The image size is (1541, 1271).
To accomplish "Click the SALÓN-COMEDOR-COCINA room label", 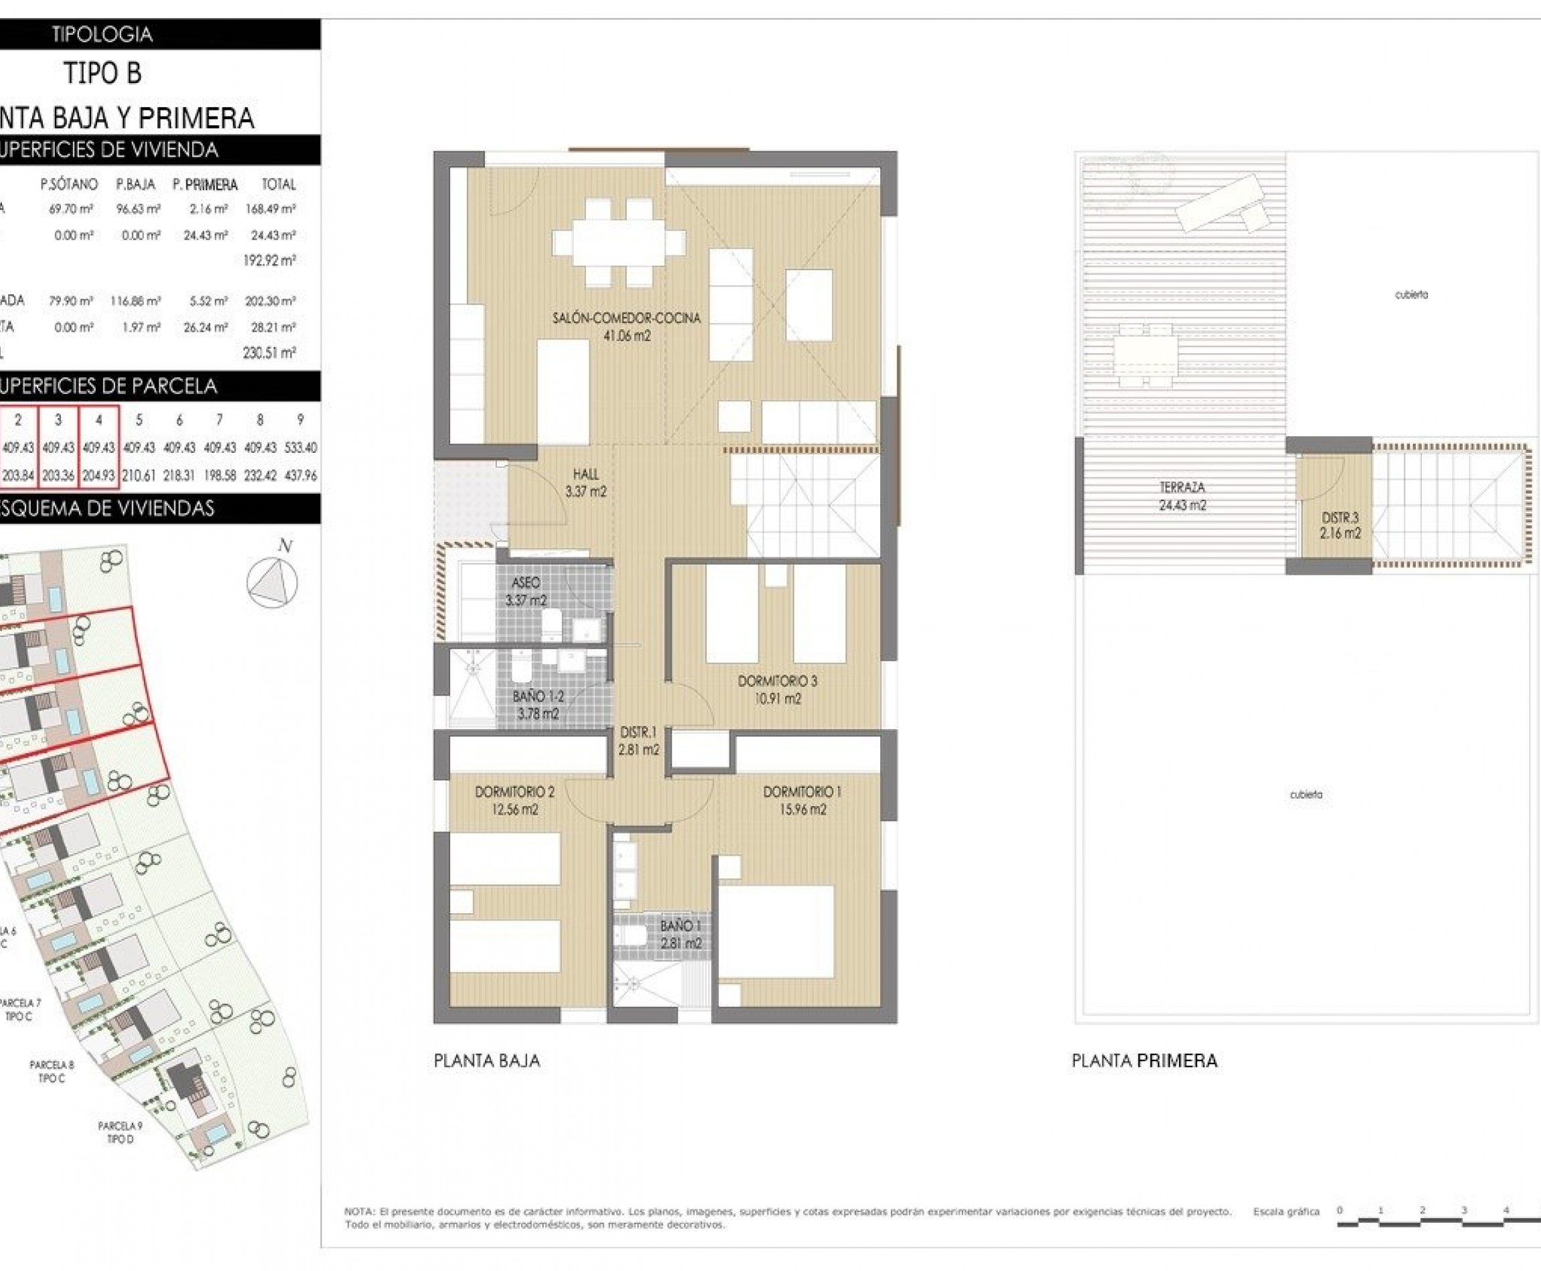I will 626,318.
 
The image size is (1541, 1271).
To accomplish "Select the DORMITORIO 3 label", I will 777,681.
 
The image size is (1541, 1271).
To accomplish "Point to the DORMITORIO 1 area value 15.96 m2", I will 803,809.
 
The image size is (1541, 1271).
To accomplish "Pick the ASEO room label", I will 526,583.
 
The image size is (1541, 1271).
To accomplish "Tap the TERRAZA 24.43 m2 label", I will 1182,496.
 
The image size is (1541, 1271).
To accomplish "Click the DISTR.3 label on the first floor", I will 1340,518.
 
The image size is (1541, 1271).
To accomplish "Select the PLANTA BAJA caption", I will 487,1061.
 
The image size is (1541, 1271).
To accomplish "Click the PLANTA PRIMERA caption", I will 1144,1061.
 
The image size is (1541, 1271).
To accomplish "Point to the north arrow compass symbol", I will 272,583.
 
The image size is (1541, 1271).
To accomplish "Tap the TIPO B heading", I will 102,73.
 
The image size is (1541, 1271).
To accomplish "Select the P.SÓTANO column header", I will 69,185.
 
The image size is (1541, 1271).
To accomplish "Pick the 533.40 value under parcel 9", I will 300,448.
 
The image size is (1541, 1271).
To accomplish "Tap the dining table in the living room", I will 619,242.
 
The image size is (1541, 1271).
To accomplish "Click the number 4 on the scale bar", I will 1506,1210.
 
